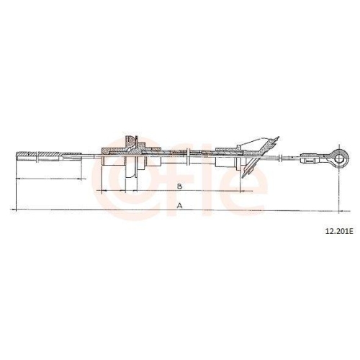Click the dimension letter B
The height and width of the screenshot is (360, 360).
click(179, 186)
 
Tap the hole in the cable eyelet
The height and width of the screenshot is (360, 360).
click(339, 158)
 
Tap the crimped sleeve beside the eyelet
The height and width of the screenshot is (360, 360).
click(309, 158)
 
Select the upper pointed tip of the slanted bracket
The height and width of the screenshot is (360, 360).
click(279, 137)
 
